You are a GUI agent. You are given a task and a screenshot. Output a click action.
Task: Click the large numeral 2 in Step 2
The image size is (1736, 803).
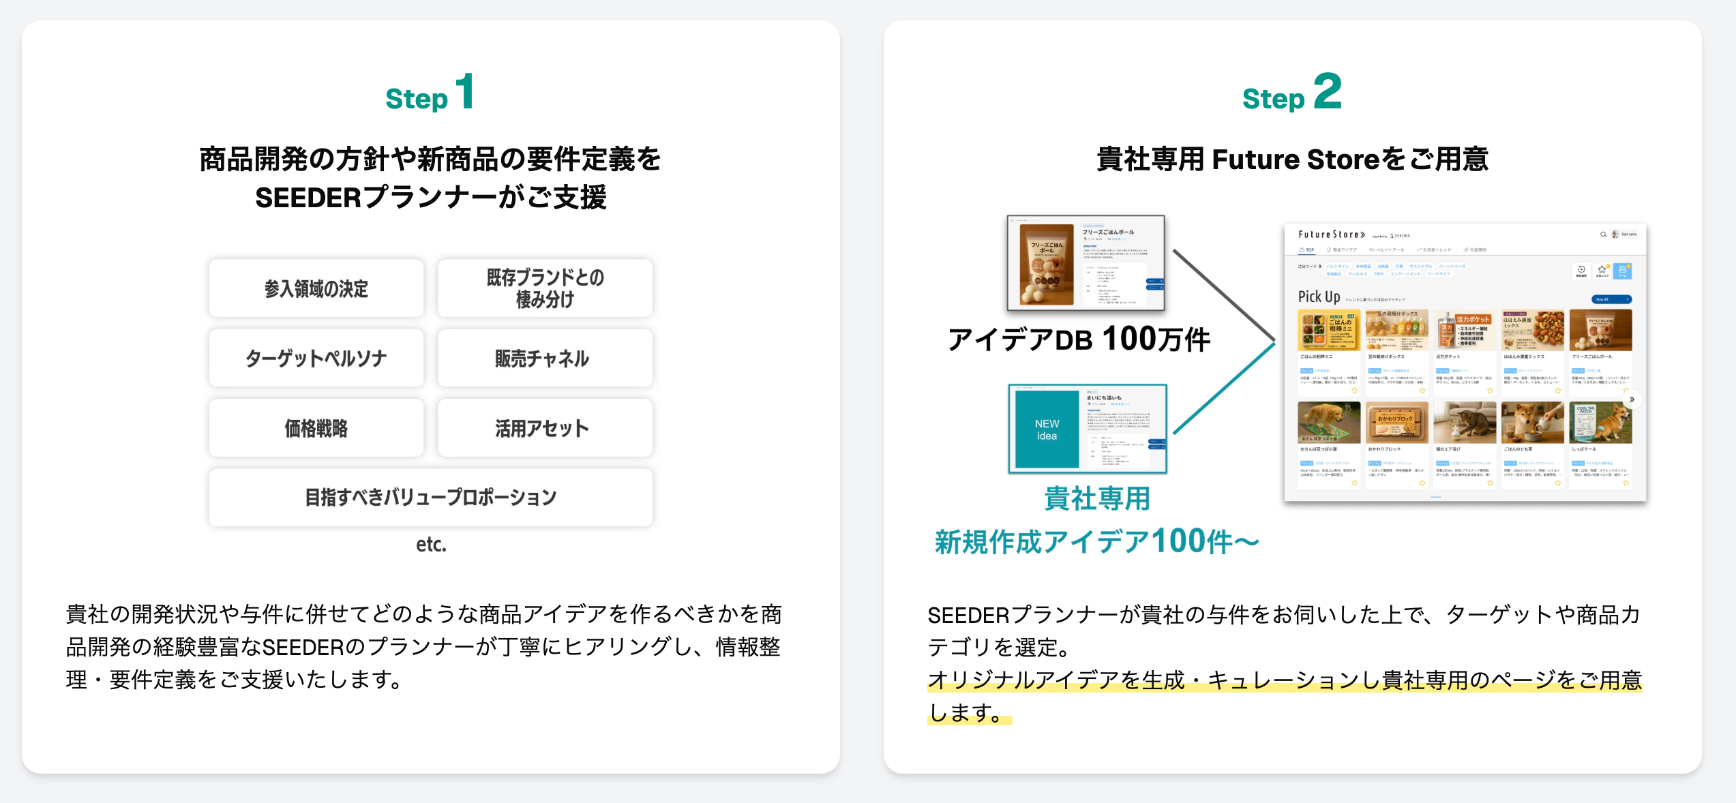pyautogui.click(x=1327, y=91)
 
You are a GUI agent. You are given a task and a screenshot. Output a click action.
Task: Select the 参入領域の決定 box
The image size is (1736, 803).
pyautogui.click(x=316, y=288)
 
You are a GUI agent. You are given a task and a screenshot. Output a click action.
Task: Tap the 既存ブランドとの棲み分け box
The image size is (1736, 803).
pyautogui.click(x=545, y=288)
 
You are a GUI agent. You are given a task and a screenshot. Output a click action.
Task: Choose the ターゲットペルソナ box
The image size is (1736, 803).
pyautogui.click(x=316, y=359)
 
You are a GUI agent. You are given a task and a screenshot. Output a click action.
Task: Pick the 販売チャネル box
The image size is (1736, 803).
pyautogui.click(x=545, y=359)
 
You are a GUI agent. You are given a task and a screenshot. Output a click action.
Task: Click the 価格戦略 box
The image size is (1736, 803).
pyautogui.click(x=316, y=428)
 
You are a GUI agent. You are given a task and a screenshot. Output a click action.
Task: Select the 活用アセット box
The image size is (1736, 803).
pyautogui.click(x=545, y=428)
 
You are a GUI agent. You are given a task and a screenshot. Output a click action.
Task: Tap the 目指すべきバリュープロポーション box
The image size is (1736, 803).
pyautogui.click(x=430, y=498)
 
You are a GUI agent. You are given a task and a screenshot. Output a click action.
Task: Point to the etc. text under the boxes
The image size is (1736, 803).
pyautogui.click(x=431, y=544)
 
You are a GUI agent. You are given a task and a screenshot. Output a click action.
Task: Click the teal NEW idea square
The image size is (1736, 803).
pyautogui.click(x=1047, y=429)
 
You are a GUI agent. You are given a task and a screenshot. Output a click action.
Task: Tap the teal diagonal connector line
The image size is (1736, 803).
pyautogui.click(x=1224, y=389)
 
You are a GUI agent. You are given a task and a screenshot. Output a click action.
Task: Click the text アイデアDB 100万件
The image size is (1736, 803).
pyautogui.click(x=1079, y=339)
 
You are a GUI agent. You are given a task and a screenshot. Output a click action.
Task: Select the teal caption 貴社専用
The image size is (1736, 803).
pyautogui.click(x=1097, y=499)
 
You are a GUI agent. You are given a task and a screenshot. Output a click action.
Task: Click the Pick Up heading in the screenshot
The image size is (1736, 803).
pyautogui.click(x=1319, y=297)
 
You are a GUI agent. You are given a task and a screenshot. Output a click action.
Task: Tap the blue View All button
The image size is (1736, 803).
pyautogui.click(x=1611, y=299)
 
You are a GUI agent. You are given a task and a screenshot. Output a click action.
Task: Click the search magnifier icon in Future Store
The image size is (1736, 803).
pyautogui.click(x=1603, y=234)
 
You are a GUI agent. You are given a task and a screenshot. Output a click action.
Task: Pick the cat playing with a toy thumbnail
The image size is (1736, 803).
pyautogui.click(x=1465, y=423)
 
